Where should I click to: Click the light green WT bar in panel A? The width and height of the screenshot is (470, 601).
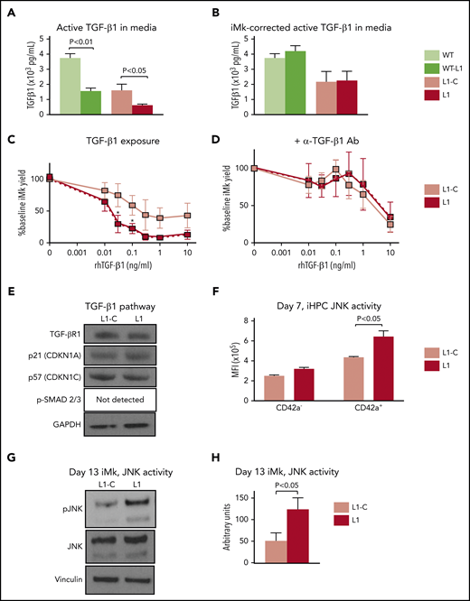click(x=66, y=79)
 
